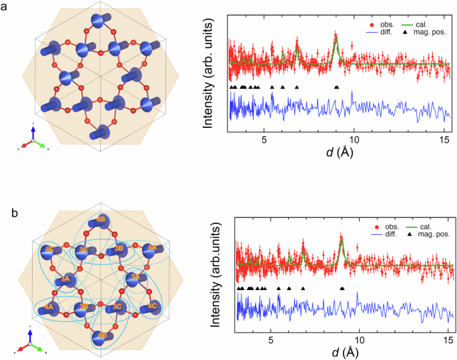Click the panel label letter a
[7, 7]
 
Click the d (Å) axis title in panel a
[336, 152]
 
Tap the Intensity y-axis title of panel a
[209, 74]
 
